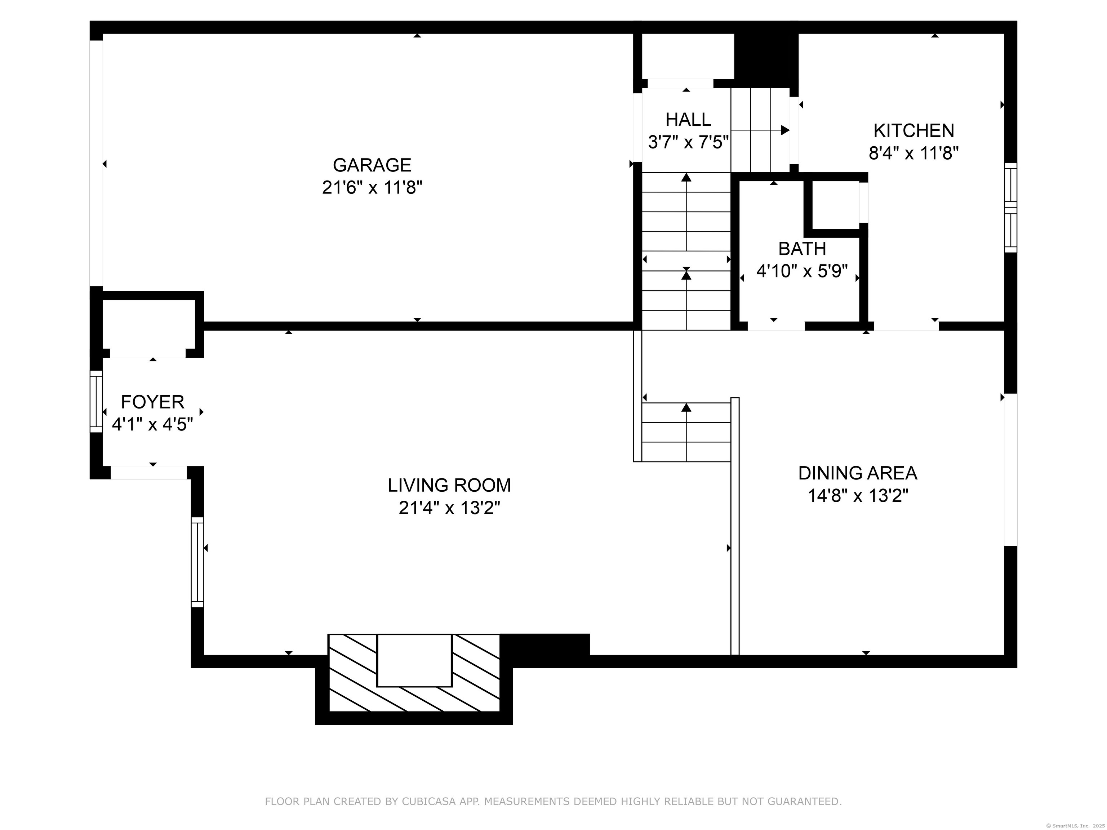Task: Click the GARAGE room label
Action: (372, 165)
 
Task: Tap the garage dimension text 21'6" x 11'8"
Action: (372, 188)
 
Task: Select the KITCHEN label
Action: (914, 130)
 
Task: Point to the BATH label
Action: (802, 249)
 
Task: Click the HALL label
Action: (688, 120)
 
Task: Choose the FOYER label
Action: (153, 402)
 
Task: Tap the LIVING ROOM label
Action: (449, 485)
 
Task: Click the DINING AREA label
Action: (858, 473)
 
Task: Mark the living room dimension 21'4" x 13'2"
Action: (449, 508)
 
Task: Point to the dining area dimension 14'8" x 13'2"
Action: (858, 496)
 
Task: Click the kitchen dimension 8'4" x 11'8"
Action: (914, 153)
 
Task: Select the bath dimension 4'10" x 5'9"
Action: (802, 271)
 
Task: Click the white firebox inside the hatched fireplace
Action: (414, 660)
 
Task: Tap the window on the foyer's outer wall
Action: (96, 401)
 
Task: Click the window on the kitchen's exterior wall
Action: (1011, 207)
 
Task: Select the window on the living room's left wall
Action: (198, 562)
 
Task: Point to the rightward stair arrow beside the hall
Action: (760, 130)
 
